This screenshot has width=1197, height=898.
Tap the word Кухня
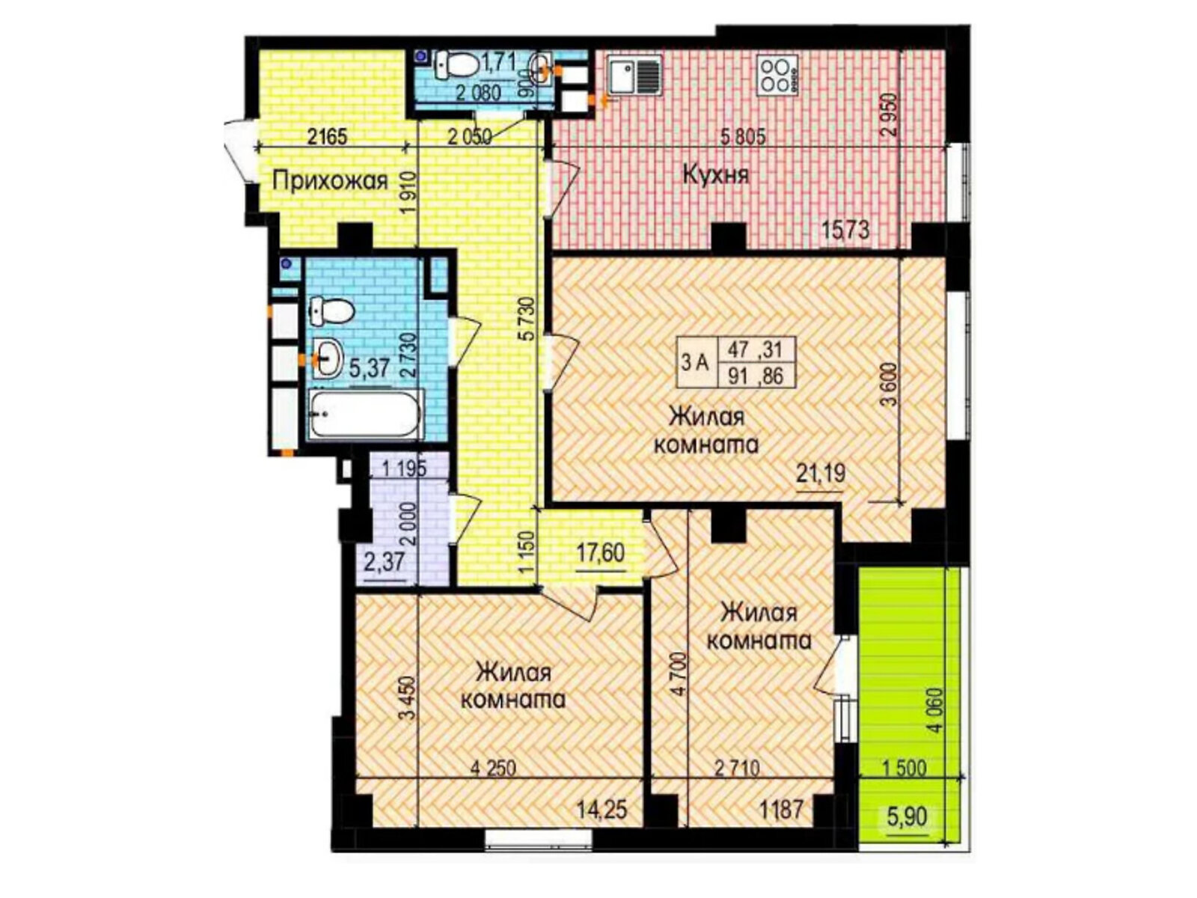pos(716,176)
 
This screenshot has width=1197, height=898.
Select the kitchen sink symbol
pos(634,76)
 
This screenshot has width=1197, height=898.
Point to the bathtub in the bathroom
pos(365,415)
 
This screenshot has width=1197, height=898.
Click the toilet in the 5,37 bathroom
pos(331,312)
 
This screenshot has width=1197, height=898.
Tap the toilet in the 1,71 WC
pos(456,64)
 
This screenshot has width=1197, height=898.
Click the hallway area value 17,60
pos(600,554)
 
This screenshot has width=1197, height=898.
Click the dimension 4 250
pos(494,769)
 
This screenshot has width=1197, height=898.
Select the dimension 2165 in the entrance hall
pos(327,136)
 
